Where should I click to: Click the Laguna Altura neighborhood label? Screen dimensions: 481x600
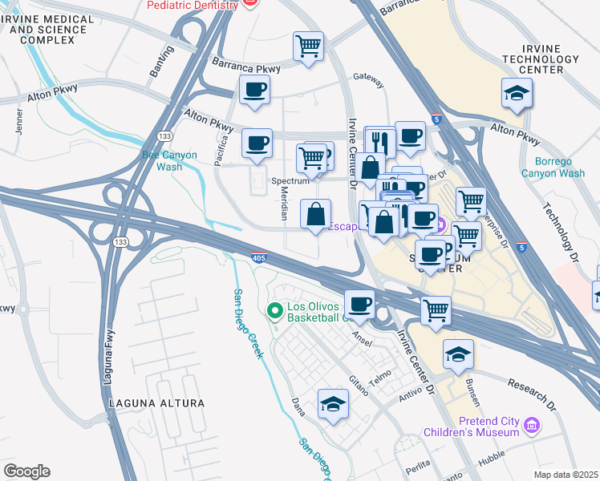[153, 402]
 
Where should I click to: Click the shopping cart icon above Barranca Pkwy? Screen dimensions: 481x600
[308, 46]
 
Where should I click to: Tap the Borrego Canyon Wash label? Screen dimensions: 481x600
[553, 166]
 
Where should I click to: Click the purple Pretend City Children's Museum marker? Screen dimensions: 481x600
[530, 424]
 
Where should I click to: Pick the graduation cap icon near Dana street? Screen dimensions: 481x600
[333, 404]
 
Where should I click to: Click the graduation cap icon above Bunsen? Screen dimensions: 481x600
[458, 354]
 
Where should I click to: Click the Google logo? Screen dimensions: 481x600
[26, 471]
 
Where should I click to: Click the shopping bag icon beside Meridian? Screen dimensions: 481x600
[316, 214]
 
